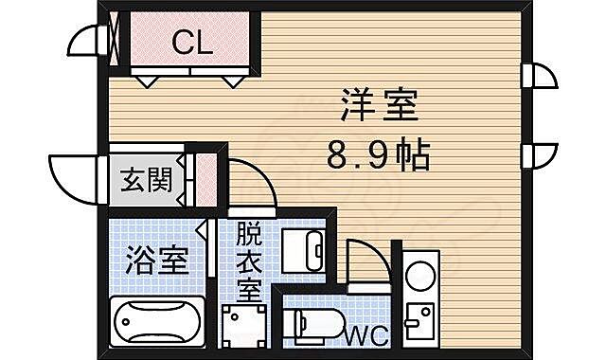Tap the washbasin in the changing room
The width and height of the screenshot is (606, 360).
(x=305, y=248)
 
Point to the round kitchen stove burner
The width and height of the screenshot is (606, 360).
(x=419, y=278)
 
